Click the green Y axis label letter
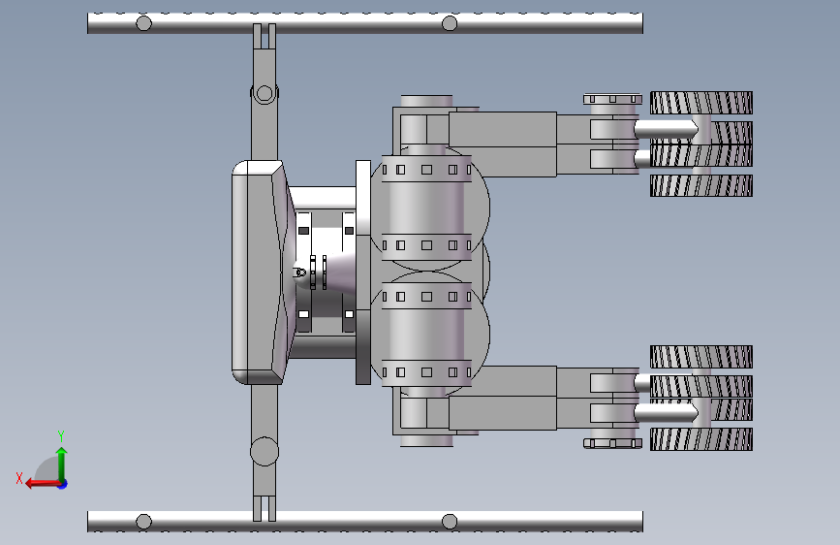click(61, 435)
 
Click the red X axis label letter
click(19, 478)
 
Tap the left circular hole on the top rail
click(143, 23)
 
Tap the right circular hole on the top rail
click(450, 23)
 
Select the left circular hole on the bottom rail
click(143, 522)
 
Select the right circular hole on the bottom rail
click(450, 522)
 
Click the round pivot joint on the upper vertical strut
click(264, 93)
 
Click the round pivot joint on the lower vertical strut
click(264, 451)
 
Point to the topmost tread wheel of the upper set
click(701, 103)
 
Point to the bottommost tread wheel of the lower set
click(701, 439)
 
